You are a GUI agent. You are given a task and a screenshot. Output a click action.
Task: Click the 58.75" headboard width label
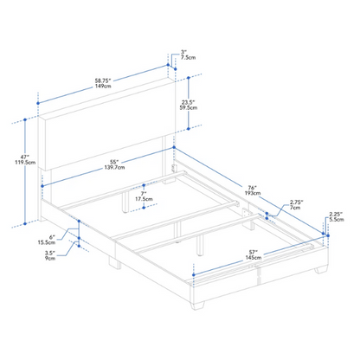click(103, 80)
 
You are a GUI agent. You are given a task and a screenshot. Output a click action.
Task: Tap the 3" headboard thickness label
click(183, 52)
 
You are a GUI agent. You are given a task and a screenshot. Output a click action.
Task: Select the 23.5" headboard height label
click(188, 102)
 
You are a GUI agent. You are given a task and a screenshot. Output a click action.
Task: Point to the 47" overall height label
click(25, 157)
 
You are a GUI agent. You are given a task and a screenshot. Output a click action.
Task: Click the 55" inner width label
click(114, 162)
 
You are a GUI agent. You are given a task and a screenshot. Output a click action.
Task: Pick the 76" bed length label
click(253, 188)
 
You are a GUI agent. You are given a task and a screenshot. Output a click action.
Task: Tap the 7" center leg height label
click(144, 194)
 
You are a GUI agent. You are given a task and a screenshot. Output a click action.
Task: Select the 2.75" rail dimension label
click(297, 202)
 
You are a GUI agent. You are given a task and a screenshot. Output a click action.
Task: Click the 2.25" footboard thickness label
click(336, 214)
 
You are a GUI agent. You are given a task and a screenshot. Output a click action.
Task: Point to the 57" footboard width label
click(254, 252)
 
